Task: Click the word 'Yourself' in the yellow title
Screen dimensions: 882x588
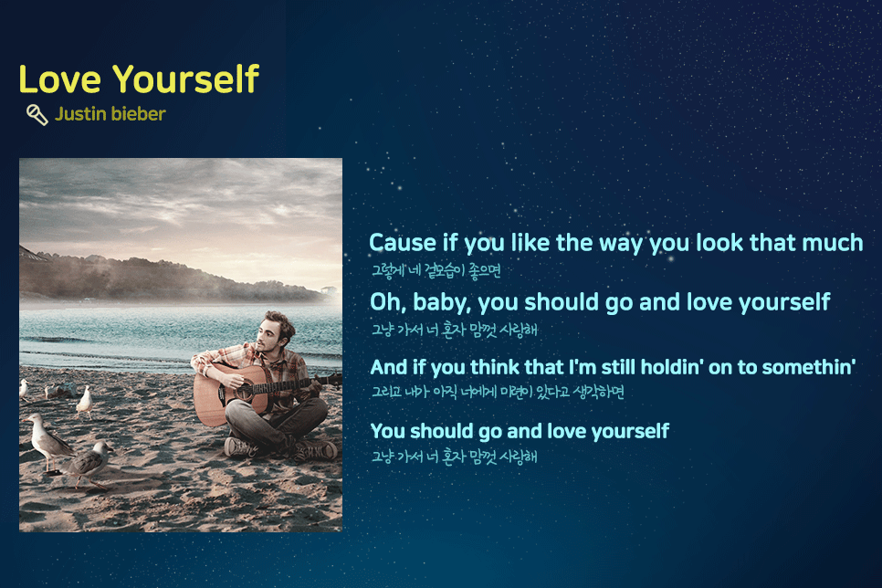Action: [185, 79]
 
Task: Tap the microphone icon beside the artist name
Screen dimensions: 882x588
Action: [37, 115]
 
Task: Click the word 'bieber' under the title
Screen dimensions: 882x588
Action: [139, 113]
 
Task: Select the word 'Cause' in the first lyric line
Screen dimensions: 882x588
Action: [403, 243]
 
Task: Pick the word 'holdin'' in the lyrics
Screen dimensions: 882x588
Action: [672, 367]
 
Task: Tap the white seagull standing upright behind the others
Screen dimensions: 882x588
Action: [84, 402]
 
